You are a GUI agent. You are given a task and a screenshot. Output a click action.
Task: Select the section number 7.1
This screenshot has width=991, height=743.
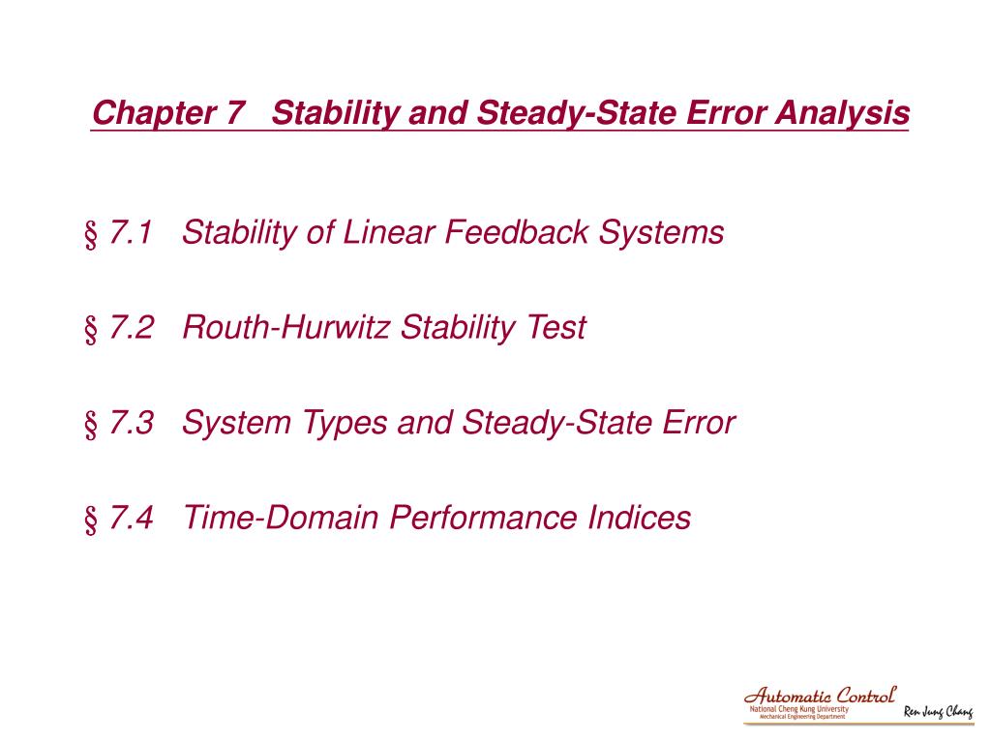click(x=133, y=233)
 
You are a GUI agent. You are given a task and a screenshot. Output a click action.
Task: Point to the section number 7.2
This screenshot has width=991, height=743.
click(x=133, y=328)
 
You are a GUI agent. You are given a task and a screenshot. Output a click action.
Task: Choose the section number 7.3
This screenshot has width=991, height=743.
click(x=133, y=423)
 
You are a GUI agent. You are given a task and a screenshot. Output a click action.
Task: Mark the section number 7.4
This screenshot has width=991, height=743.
click(x=133, y=518)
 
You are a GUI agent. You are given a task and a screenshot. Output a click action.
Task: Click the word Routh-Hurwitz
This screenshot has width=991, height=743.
click(x=287, y=328)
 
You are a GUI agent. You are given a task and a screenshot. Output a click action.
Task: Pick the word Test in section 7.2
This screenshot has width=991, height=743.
click(x=556, y=328)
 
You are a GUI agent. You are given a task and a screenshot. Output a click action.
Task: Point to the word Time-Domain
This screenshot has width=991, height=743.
click(x=282, y=518)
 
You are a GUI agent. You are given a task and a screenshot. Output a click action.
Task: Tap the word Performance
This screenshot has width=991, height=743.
click(x=484, y=518)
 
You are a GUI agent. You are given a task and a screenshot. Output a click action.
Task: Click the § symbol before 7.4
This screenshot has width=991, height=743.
click(x=92, y=519)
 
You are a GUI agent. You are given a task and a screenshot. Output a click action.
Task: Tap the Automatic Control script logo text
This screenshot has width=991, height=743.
click(x=820, y=695)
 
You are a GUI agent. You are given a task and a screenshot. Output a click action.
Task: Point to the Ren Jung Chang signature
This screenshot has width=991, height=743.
click(x=938, y=713)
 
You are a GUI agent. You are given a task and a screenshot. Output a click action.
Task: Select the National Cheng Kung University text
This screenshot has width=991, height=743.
click(x=798, y=709)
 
